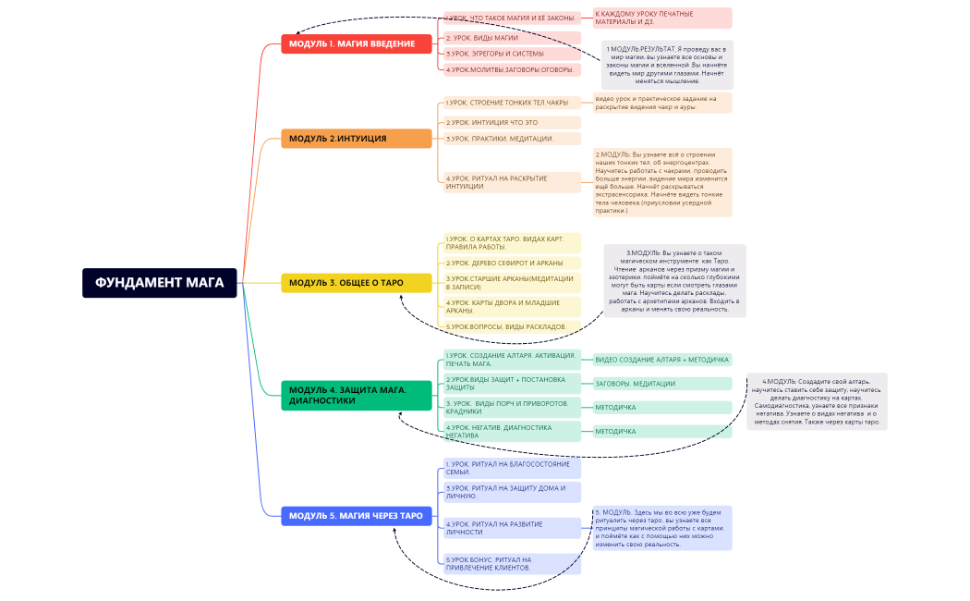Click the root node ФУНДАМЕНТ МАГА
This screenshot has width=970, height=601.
[160, 282]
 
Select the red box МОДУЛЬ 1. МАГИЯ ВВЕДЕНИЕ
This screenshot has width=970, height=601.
[357, 43]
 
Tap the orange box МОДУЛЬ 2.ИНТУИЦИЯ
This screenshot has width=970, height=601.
[357, 139]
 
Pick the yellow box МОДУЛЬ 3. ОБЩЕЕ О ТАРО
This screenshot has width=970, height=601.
[357, 283]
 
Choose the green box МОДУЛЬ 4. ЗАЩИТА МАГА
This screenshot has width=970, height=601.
[357, 395]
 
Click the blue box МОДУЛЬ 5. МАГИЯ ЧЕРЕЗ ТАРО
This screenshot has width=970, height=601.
[357, 516]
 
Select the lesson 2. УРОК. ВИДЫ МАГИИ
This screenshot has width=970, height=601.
[512, 38]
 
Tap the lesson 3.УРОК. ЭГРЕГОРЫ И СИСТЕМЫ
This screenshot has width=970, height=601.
[512, 54]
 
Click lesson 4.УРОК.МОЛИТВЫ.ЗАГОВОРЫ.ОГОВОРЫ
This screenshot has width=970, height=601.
[512, 69]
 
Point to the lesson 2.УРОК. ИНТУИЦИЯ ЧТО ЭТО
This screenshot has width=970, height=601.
[512, 122]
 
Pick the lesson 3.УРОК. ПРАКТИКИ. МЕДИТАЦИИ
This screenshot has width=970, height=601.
[512, 139]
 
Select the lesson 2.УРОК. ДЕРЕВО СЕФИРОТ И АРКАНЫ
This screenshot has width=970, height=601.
[512, 263]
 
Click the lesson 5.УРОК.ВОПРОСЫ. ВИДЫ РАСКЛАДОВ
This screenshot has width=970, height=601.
[512, 326]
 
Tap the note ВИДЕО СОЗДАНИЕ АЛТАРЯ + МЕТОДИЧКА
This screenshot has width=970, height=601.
[661, 360]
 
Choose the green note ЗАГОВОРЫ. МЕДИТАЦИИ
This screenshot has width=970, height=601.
[661, 384]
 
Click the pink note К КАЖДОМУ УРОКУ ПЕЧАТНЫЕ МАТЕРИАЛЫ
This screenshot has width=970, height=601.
[661, 18]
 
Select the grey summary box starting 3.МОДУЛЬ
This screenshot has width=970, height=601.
[674, 281]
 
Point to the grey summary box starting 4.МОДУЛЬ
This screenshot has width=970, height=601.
[817, 401]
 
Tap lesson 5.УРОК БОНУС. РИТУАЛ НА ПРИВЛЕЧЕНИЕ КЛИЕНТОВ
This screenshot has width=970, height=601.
[512, 563]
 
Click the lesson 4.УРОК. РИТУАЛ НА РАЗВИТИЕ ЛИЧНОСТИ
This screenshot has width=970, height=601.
[512, 528]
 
